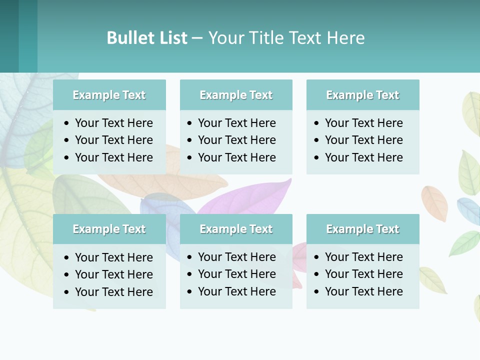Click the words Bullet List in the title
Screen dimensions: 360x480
147,38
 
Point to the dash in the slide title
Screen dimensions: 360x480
197,38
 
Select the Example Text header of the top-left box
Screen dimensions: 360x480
109,95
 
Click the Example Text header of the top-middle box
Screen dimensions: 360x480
236,95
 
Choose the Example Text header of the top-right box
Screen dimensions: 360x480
362,95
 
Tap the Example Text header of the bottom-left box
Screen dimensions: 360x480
109,229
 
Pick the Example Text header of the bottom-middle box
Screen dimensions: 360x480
236,229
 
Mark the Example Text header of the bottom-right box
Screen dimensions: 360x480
362,229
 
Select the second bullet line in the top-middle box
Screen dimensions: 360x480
236,140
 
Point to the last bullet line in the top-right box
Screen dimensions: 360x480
363,157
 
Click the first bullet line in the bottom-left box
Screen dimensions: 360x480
113,257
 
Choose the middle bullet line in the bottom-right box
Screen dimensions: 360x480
363,274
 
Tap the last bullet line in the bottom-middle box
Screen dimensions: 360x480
236,291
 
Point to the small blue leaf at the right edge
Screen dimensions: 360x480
468,210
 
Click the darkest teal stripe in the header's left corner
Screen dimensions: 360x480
9,36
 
